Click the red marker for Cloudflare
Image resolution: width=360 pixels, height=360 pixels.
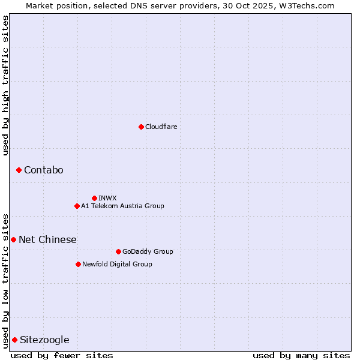coord(141,127)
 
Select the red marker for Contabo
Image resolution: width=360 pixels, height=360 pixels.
coord(19,170)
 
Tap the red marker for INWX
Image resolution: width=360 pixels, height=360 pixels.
coord(94,198)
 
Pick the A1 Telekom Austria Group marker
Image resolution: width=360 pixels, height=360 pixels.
coord(77,206)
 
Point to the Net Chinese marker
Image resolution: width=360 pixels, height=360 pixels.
coord(13,240)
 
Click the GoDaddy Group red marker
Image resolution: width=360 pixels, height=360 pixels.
coord(118,251)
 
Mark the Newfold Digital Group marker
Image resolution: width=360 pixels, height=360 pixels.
coord(78,264)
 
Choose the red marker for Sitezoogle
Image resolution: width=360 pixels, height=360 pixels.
coord(14,340)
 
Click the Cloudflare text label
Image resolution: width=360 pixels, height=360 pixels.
coord(161,127)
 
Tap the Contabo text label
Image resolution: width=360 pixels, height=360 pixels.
coord(43,170)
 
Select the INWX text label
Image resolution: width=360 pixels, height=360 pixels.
coord(107,198)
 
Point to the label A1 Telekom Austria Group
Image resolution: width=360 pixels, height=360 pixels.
coord(122,206)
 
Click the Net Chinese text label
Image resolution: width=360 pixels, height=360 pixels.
coord(47,240)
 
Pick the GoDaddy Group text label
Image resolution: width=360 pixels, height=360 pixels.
coord(148,251)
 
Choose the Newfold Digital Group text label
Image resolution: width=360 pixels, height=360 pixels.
coord(117,264)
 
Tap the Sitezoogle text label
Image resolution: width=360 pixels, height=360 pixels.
coord(44,340)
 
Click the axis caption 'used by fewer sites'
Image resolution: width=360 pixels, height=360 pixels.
coord(62,355)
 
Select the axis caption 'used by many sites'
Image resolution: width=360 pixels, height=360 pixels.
coord(301,355)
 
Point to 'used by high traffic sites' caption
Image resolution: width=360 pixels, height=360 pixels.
coord(5,86)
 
